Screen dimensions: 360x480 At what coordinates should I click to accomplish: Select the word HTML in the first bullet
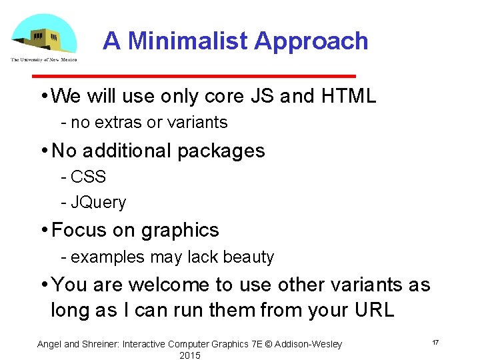pyautogui.click(x=348, y=97)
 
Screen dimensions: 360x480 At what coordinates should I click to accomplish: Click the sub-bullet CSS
pyautogui.click(x=88, y=177)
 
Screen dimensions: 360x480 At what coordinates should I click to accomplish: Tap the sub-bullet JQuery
pyautogui.click(x=98, y=203)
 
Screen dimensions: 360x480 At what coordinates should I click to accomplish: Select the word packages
pyautogui.click(x=220, y=151)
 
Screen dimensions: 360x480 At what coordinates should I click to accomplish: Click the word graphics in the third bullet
pyautogui.click(x=179, y=231)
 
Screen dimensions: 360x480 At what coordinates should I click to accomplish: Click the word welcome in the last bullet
pyautogui.click(x=170, y=285)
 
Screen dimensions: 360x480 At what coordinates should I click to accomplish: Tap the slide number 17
pyautogui.click(x=435, y=342)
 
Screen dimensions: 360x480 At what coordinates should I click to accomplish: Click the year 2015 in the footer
pyautogui.click(x=190, y=355)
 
